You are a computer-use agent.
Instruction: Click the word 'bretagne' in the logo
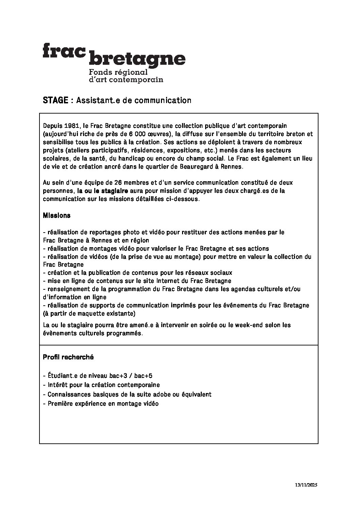137,60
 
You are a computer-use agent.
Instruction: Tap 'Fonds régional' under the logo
118,72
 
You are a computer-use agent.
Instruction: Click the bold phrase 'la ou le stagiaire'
102,191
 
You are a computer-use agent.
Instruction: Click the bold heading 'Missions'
57,216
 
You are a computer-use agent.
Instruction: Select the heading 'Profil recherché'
68,357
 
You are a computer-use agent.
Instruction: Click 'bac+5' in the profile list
143,376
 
